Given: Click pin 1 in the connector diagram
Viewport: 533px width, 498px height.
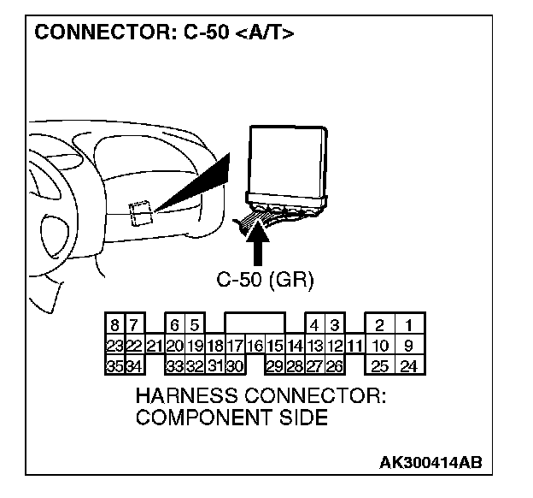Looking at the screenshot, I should click(x=409, y=326).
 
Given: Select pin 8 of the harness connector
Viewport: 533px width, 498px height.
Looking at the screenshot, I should click(x=114, y=326).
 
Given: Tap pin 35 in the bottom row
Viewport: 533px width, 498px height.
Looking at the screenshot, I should click(x=114, y=366).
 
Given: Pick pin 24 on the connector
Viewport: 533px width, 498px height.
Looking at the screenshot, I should click(x=409, y=366).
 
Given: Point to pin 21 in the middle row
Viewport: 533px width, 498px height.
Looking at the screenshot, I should click(x=155, y=347).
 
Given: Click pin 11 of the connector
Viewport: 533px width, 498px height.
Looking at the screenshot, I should click(x=355, y=347).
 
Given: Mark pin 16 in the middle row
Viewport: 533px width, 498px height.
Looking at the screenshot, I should click(x=255, y=347).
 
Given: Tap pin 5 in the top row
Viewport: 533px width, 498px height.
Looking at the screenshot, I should click(x=195, y=326).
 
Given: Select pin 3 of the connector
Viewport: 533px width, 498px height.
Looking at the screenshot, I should click(x=335, y=326).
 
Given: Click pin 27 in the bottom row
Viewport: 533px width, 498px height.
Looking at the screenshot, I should click(x=315, y=366).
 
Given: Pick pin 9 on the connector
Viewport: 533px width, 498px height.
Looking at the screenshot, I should click(x=409, y=347).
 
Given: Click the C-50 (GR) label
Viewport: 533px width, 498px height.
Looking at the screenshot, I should click(x=266, y=280).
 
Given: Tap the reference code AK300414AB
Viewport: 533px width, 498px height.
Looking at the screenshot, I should click(x=430, y=462).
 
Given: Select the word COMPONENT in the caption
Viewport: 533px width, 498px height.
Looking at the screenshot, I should click(x=199, y=418).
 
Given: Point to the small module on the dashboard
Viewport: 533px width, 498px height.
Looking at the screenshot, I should click(x=139, y=212).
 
